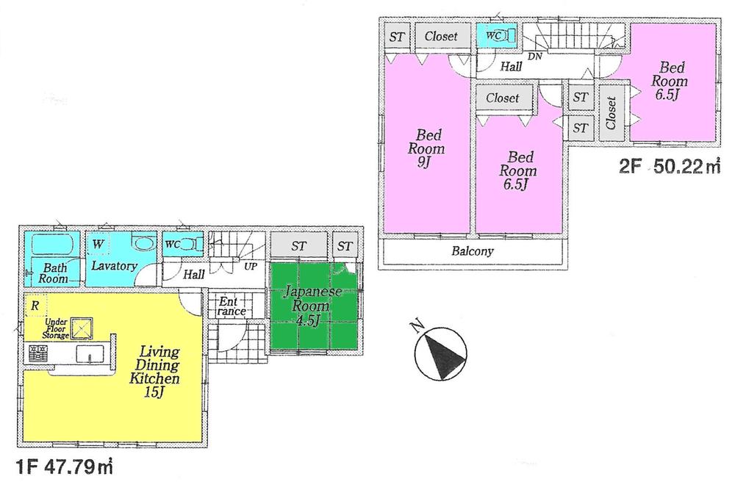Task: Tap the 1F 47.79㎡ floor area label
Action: [64, 466]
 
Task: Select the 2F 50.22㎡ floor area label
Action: [670, 168]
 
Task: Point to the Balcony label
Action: [473, 251]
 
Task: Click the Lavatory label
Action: [114, 265]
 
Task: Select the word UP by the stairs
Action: [250, 265]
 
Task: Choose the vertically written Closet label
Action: [612, 113]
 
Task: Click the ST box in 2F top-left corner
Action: [397, 36]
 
